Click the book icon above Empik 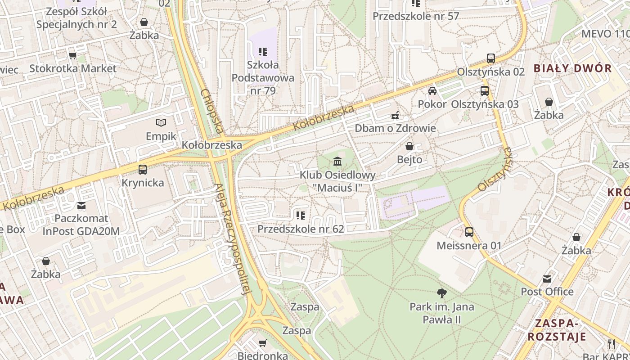pyautogui.click(x=161, y=122)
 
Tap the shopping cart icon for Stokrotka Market pyautogui.click(x=72, y=55)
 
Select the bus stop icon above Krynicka pyautogui.click(x=143, y=170)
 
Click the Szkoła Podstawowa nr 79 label pyautogui.click(x=263, y=77)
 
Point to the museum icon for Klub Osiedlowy pyautogui.click(x=337, y=161)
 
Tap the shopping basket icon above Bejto pyautogui.click(x=409, y=146)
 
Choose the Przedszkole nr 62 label pyautogui.click(x=301, y=229)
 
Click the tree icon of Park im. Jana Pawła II pyautogui.click(x=441, y=293)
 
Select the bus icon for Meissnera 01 pyautogui.click(x=469, y=232)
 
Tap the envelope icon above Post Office pyautogui.click(x=547, y=279)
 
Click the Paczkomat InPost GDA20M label pyautogui.click(x=81, y=225)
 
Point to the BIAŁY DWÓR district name pyautogui.click(x=572, y=68)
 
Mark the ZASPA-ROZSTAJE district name pyautogui.click(x=557, y=330)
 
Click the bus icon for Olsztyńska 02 pyautogui.click(x=491, y=58)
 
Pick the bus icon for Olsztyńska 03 pyautogui.click(x=485, y=91)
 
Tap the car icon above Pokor pyautogui.click(x=432, y=91)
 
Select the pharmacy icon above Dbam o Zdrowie pyautogui.click(x=395, y=115)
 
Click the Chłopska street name pyautogui.click(x=212, y=112)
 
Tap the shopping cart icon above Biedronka pyautogui.click(x=262, y=343)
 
